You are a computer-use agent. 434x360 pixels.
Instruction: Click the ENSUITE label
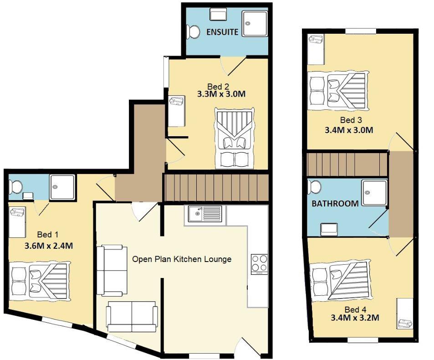click(x=222, y=32)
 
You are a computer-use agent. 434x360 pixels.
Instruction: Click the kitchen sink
click(x=204, y=215)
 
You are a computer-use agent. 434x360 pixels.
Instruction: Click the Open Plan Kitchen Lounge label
click(x=182, y=259)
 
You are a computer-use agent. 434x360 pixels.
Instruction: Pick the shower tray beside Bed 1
click(x=62, y=187)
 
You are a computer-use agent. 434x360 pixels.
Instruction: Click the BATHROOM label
click(x=335, y=203)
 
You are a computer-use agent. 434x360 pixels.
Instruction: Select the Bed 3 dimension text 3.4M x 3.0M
click(x=349, y=129)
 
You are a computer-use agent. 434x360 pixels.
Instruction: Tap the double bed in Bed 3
click(x=337, y=93)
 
